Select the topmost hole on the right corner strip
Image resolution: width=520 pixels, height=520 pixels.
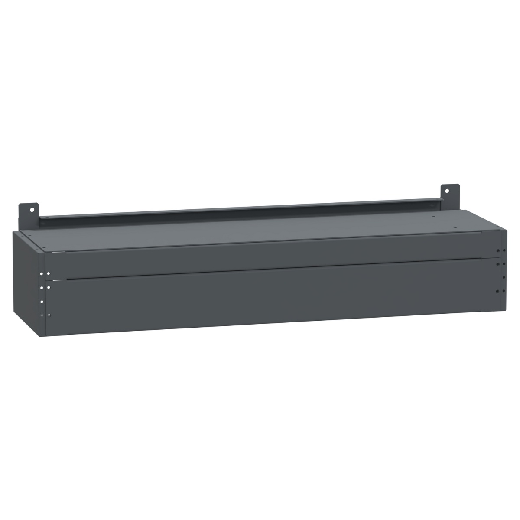tap(498, 250)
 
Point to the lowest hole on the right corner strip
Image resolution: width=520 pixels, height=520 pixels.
tap(498, 291)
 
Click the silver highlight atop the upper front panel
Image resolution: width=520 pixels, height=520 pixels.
tap(58, 252)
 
